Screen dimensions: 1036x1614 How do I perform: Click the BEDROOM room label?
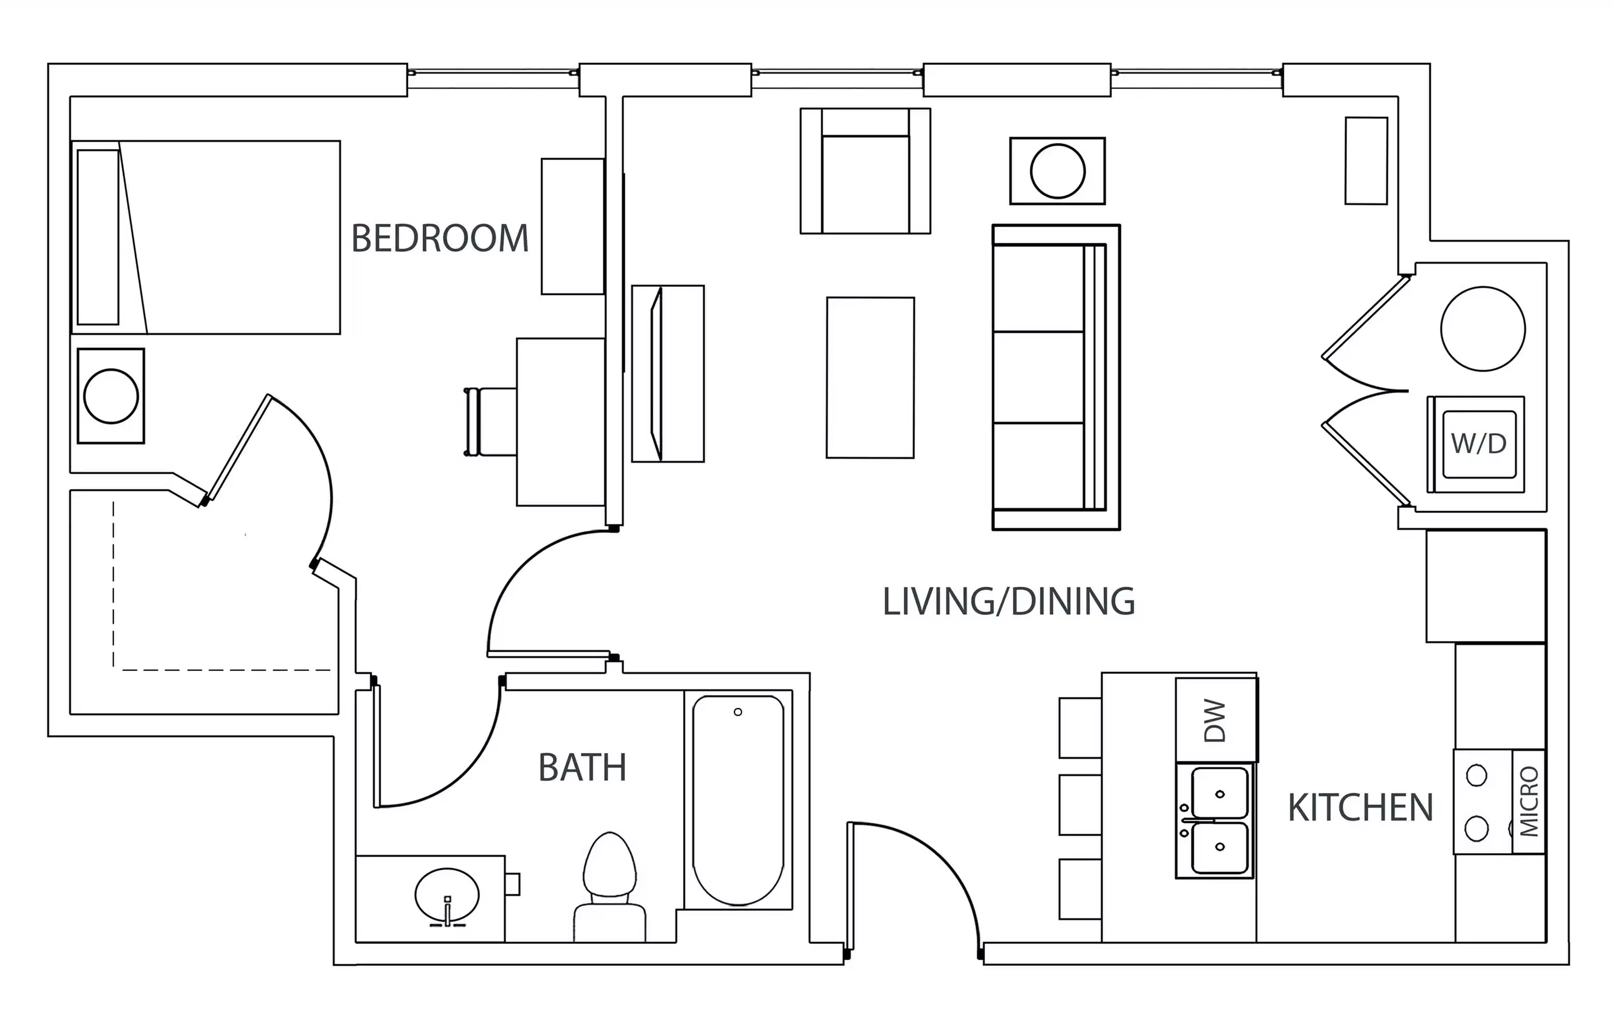(440, 238)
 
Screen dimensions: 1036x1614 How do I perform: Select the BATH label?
(582, 767)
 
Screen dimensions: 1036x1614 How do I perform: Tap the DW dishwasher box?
(1216, 720)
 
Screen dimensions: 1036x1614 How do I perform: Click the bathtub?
(738, 800)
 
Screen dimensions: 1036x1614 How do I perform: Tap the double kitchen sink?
(1219, 821)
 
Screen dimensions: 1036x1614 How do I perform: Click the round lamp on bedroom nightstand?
(111, 396)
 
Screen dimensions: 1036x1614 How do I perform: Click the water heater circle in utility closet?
(1482, 329)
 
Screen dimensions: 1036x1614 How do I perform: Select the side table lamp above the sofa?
(1057, 171)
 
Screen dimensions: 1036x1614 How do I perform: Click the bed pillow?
(98, 237)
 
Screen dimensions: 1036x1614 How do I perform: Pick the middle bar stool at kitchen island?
(1079, 804)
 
